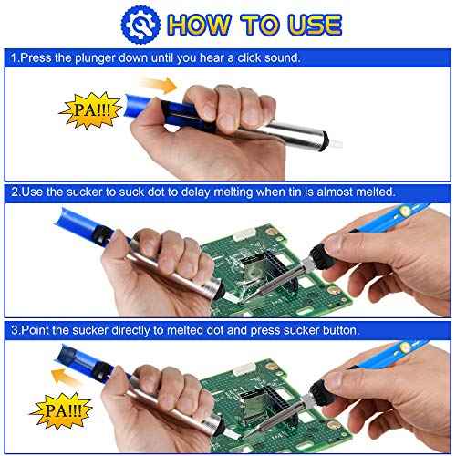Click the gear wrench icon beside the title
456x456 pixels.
coord(140,23)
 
